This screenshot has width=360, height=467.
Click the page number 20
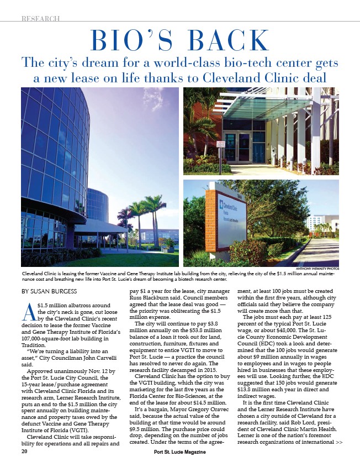(24, 452)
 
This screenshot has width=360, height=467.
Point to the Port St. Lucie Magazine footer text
(179, 452)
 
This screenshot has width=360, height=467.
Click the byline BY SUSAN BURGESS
(49, 291)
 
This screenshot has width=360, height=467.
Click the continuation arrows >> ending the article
(339, 442)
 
